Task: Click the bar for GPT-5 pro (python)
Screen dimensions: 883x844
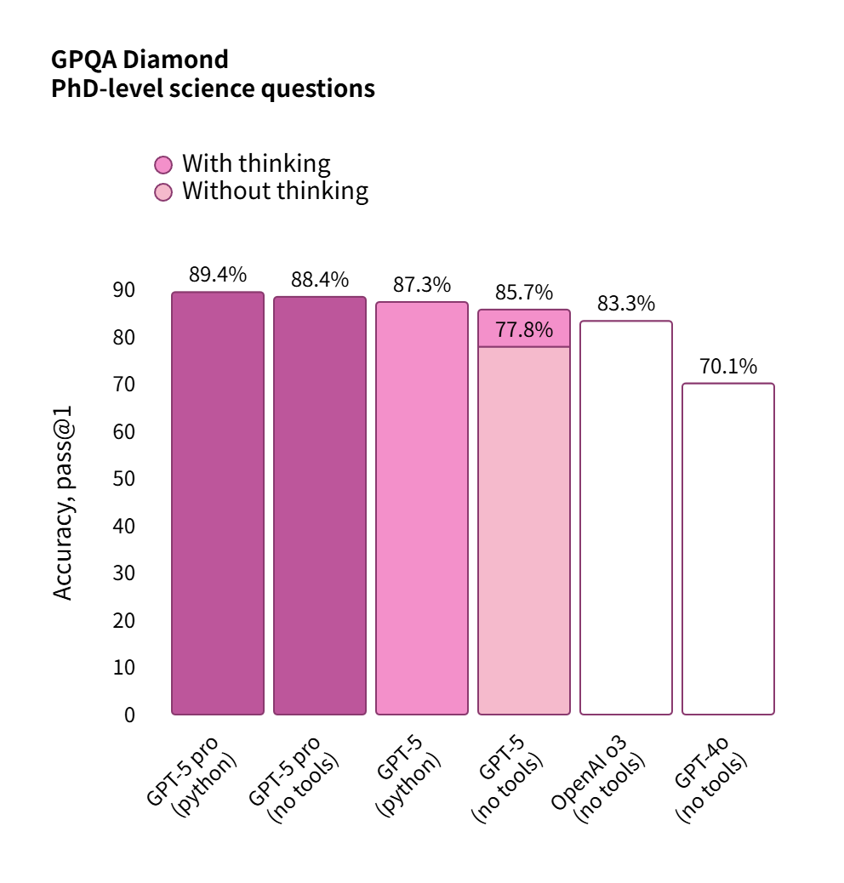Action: (217, 503)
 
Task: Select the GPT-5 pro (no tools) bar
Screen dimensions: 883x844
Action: (319, 505)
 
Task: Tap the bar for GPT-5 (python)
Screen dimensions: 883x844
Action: (421, 508)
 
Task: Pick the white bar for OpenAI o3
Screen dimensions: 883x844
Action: (625, 517)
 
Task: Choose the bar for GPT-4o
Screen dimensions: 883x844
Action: (727, 549)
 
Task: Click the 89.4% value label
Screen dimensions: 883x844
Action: (217, 275)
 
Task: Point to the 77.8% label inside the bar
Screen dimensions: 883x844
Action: (524, 330)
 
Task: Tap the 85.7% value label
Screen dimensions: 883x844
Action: (524, 293)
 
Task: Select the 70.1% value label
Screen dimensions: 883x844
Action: (727, 367)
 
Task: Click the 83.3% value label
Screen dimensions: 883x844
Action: (625, 304)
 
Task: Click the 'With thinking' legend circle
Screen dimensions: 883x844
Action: (163, 164)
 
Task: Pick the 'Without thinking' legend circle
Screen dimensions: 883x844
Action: (163, 191)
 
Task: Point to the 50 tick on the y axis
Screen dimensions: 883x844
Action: (124, 479)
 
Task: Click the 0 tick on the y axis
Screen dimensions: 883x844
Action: (129, 715)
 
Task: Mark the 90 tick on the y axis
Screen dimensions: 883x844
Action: (124, 290)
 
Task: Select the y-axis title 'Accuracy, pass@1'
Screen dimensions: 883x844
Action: (64, 502)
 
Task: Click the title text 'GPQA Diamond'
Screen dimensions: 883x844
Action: (140, 60)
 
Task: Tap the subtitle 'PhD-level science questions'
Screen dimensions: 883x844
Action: (213, 88)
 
